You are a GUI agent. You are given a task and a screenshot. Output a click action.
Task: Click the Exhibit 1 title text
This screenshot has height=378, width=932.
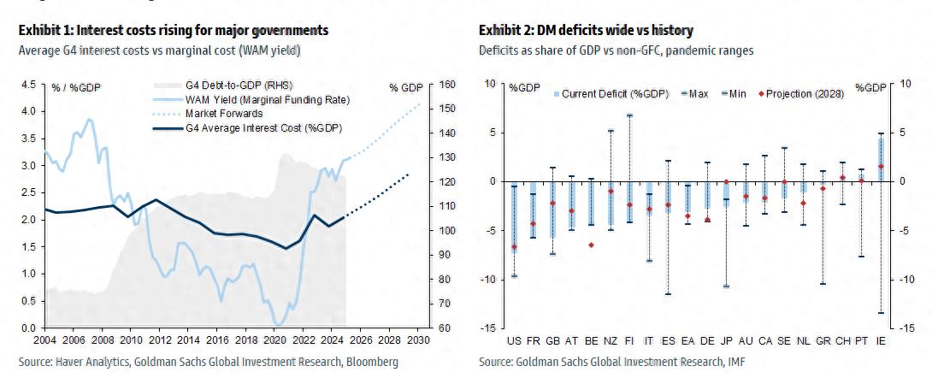click(x=173, y=31)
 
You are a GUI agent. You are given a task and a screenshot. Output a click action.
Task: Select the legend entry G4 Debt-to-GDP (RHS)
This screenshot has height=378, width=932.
click(x=237, y=86)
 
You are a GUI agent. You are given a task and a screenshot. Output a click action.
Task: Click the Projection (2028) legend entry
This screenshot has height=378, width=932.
click(x=802, y=92)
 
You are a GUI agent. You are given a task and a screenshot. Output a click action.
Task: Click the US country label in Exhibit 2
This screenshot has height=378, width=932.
click(x=514, y=340)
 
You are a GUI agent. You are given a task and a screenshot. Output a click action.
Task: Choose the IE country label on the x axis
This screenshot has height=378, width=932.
click(x=881, y=340)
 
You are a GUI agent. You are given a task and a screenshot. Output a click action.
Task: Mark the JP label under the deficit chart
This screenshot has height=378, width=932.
click(x=726, y=340)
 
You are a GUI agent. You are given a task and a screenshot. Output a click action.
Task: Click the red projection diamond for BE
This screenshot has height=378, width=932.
click(x=592, y=245)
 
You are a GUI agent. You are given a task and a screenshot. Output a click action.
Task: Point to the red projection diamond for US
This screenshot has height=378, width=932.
click(x=514, y=247)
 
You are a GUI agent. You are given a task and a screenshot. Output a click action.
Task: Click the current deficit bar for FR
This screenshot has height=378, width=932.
click(x=533, y=209)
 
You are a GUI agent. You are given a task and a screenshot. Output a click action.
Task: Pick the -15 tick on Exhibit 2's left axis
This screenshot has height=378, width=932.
click(x=490, y=328)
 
